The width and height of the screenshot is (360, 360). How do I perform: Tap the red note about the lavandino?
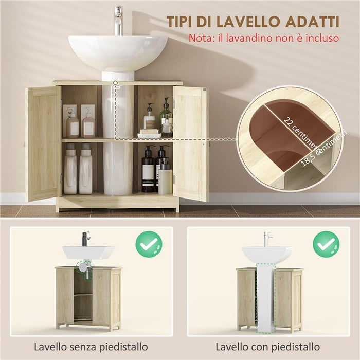pos(264,38)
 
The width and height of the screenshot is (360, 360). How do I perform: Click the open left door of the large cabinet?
pos(43,143)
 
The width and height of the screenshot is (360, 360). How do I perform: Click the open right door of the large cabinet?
pos(191,143)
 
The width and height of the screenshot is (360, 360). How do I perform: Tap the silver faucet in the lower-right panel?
pos(267,239)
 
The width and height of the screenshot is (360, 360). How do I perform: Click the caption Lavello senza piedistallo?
pos(91,347)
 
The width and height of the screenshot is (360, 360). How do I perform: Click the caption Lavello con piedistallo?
pos(267,347)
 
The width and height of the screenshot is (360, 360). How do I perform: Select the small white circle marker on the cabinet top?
pos(116,82)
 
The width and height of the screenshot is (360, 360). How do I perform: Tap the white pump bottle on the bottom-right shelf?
pos(165,178)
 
